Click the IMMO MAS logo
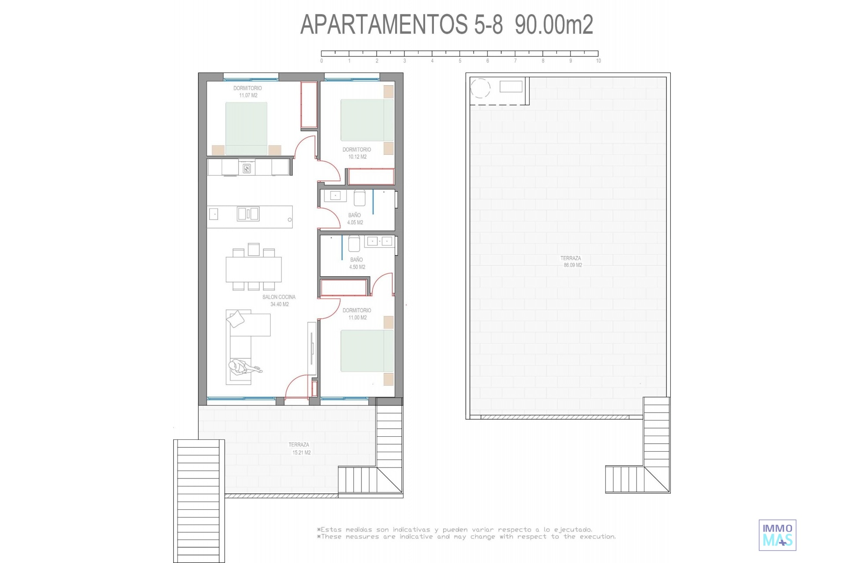pos(777,535)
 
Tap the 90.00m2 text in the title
pos(554,24)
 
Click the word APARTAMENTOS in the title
pos(384,24)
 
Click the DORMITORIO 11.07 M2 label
pos(247,91)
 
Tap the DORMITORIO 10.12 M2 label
pos(357,153)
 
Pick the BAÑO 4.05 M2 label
pos(355,219)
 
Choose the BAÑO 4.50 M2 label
pos(357,263)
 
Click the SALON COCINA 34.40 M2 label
pos(279,300)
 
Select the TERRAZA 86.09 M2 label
pos(571,262)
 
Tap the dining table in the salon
pos(254,269)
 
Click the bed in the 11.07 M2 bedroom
pos(246,128)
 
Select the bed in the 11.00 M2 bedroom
pos(367,351)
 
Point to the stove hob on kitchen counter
pos(247,168)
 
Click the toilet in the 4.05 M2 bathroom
pos(360,198)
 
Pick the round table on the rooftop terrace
pos(480,88)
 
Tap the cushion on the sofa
pos(236,319)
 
